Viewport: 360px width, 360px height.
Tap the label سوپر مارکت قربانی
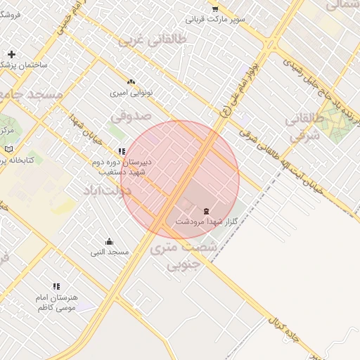[x=221, y=19]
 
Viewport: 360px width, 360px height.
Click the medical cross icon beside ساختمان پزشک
[x=11, y=54]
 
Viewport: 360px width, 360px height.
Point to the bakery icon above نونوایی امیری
[x=131, y=82]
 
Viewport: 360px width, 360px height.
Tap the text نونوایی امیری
[x=131, y=93]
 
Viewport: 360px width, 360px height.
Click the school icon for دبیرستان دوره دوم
[x=122, y=150]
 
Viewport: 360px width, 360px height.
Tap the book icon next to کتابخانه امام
[x=8, y=149]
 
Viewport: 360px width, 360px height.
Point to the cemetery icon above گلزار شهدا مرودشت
[x=206, y=211]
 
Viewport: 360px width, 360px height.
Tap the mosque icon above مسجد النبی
[x=109, y=241]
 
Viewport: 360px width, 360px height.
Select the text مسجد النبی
[x=109, y=252]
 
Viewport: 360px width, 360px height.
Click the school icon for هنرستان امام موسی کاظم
[x=56, y=286]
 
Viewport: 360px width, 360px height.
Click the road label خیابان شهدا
[x=87, y=130]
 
